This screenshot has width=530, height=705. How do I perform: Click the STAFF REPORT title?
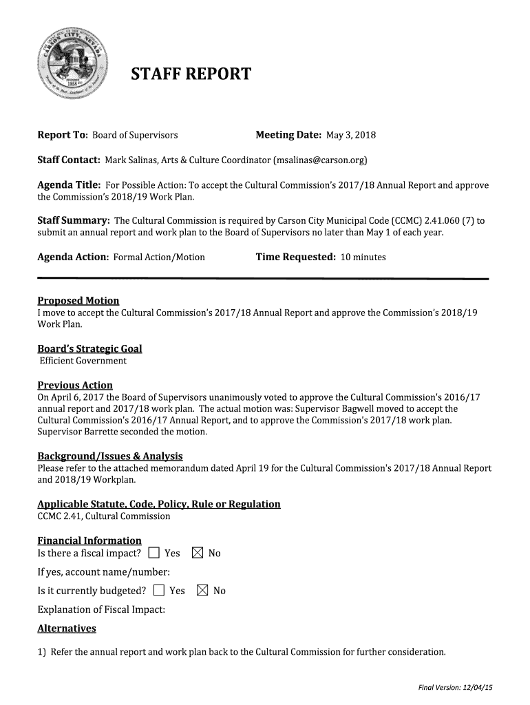[191, 74]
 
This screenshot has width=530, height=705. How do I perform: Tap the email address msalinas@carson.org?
[320, 160]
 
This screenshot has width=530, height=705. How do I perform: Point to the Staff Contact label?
[68, 160]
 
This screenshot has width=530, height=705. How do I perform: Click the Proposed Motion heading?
[78, 300]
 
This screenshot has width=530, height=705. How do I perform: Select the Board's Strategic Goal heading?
[89, 348]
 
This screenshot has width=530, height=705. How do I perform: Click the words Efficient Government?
[83, 361]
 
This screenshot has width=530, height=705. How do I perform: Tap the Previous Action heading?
[74, 385]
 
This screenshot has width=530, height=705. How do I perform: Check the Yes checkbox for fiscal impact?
[153, 553]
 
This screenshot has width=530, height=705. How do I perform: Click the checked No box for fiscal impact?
[197, 553]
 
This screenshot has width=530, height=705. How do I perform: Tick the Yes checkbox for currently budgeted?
[159, 590]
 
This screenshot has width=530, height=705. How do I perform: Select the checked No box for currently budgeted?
[202, 590]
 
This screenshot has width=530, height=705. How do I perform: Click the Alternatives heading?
[66, 628]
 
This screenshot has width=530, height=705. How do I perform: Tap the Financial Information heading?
[89, 540]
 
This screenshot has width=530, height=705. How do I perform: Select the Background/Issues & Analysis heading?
[109, 456]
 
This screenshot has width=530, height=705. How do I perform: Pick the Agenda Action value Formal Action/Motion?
[159, 257]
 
